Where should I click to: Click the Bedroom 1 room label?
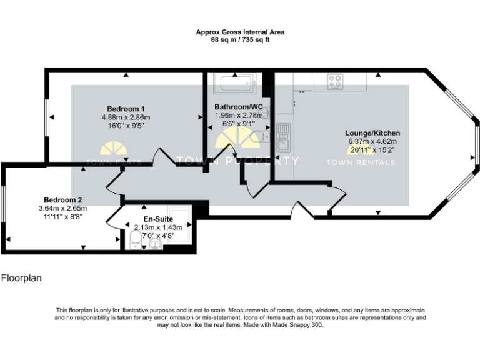pos(126,107)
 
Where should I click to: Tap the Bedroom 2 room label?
pos(62,199)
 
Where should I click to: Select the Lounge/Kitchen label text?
pos(372,133)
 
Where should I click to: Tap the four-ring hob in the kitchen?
pos(336,81)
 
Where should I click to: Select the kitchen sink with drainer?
pos(283,137)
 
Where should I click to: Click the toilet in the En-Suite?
pos(136,241)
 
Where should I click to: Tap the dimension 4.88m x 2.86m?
pos(126,117)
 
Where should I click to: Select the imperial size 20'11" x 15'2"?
pos(372,150)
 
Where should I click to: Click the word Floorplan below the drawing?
pos(21,278)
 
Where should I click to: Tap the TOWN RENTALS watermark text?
pos(361,162)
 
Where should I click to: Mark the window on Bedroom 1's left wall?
pos(47,117)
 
